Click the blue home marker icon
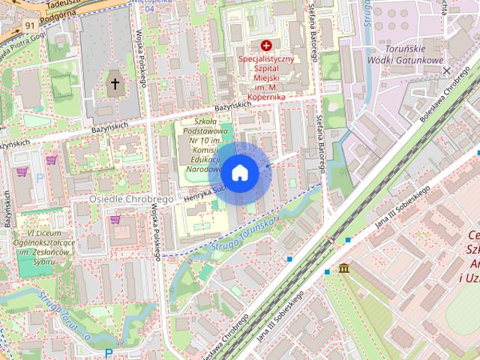click(x=240, y=173)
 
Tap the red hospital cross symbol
click(x=265, y=46)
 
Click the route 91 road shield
click(x=30, y=25)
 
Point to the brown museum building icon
click(x=343, y=268)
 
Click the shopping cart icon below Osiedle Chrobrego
click(x=115, y=220)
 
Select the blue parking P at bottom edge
click(x=109, y=353)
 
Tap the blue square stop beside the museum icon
click(x=327, y=271)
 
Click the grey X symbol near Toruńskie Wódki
click(x=447, y=70)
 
